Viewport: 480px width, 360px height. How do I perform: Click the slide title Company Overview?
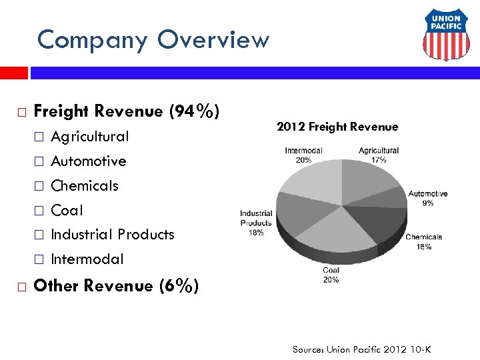tap(153, 40)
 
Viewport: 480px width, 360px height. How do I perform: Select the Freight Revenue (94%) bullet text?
tap(126, 111)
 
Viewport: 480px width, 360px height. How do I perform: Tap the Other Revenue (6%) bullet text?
tap(115, 286)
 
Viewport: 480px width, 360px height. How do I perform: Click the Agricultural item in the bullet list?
tap(90, 137)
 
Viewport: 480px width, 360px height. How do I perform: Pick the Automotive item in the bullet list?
tap(88, 161)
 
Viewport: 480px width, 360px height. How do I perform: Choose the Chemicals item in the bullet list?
tap(85, 186)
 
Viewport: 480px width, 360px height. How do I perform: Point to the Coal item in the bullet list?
tap(67, 211)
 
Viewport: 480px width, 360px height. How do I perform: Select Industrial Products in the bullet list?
tap(113, 235)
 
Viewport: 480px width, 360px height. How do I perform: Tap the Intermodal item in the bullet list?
tap(87, 259)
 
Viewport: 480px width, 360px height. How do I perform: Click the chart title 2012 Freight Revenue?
tap(337, 127)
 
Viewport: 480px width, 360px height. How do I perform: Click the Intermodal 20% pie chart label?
tap(303, 155)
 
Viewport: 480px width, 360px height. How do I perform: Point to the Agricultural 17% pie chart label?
tap(378, 155)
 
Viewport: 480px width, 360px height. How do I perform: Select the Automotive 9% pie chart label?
tap(427, 198)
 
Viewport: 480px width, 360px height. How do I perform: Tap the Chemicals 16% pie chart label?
tap(423, 241)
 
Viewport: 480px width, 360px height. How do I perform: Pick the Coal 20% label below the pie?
tap(331, 275)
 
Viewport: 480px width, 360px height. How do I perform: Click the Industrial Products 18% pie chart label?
tap(256, 223)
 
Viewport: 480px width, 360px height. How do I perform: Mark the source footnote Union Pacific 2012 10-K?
tap(361, 349)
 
